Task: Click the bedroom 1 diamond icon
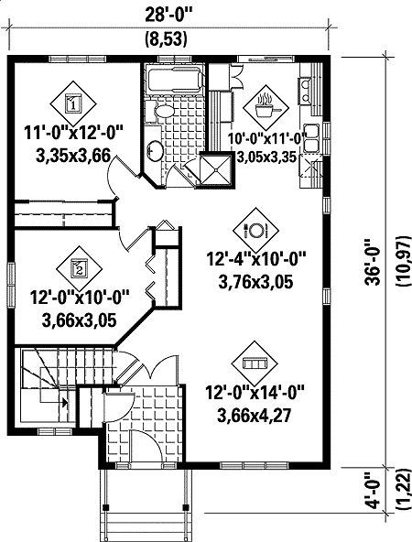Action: click(74, 102)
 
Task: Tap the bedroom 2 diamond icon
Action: click(79, 267)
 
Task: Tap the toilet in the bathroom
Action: click(164, 113)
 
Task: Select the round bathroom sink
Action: click(155, 151)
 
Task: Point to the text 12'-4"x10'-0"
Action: click(256, 262)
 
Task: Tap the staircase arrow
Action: click(64, 399)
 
